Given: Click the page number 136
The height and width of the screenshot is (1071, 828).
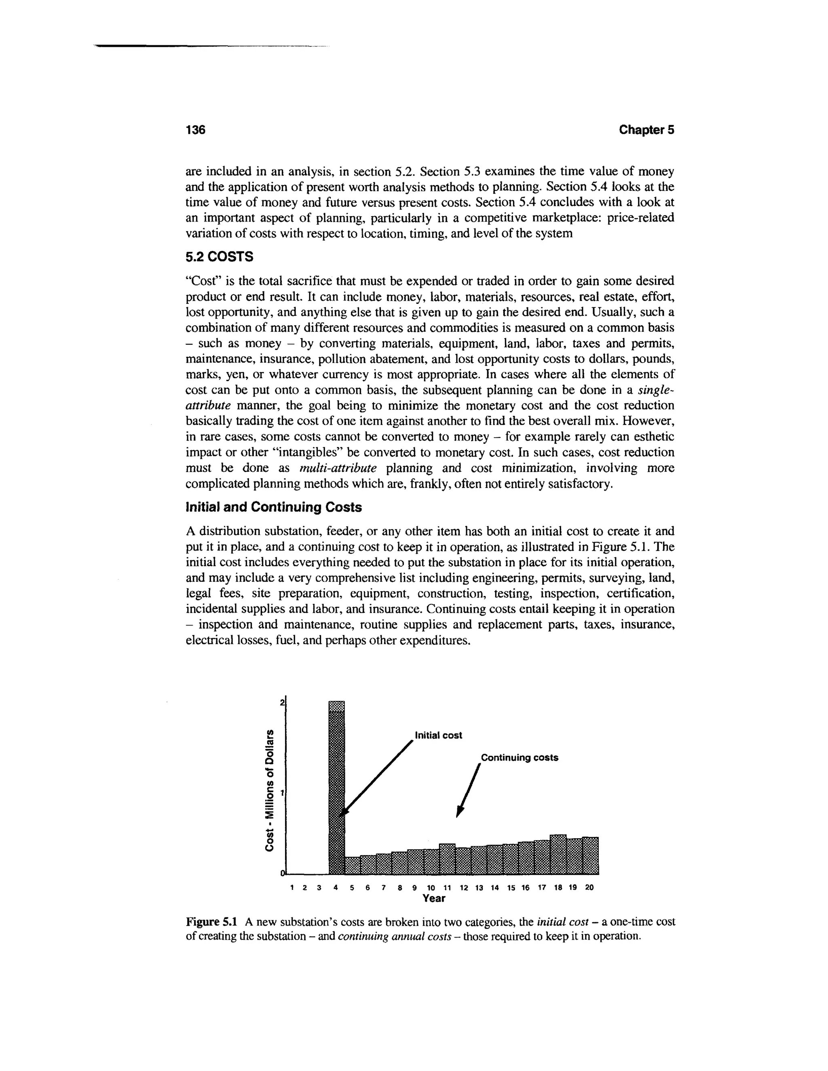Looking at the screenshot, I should click(x=195, y=130).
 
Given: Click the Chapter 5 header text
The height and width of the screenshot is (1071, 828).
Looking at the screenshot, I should click(x=646, y=130).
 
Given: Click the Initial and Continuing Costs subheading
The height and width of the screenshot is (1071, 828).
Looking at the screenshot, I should click(x=273, y=507).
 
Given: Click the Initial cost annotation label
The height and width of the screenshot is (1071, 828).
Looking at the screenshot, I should click(x=438, y=735).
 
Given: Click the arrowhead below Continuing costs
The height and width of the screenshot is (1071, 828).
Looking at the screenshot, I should click(x=459, y=813).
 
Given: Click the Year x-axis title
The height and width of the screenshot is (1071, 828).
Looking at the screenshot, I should click(x=434, y=898).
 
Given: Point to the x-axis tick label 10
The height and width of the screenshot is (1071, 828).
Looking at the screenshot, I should click(x=431, y=888).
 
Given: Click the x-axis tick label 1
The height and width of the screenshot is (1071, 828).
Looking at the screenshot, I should click(x=292, y=888).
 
